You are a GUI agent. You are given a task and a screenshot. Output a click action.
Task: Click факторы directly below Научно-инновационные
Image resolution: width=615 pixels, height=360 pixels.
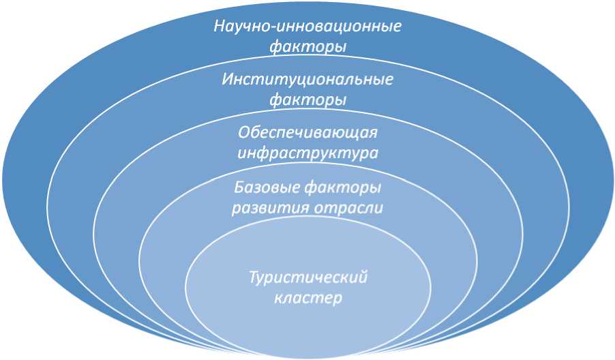tap(307, 47)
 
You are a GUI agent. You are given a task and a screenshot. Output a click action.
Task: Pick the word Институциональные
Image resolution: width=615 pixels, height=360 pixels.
tap(307, 79)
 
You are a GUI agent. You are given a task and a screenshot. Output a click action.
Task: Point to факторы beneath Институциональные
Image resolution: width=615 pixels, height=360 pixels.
tap(307, 100)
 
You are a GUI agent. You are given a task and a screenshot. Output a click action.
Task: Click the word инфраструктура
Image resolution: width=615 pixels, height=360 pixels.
tap(307, 152)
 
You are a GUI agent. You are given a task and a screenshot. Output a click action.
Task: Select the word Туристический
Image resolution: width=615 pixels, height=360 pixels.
tap(307, 277)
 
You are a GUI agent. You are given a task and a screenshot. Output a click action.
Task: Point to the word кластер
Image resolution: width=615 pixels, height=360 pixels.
tap(307, 298)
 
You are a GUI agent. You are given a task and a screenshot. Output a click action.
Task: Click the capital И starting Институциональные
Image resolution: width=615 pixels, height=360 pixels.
tap(226, 79)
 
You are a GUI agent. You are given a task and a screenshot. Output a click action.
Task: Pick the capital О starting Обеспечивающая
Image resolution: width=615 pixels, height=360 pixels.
tap(243, 132)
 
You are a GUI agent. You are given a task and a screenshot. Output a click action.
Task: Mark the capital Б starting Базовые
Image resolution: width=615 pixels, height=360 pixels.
tap(238, 186)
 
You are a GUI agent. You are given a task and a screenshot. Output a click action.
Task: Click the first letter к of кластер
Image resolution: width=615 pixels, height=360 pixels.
tap(277, 299)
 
